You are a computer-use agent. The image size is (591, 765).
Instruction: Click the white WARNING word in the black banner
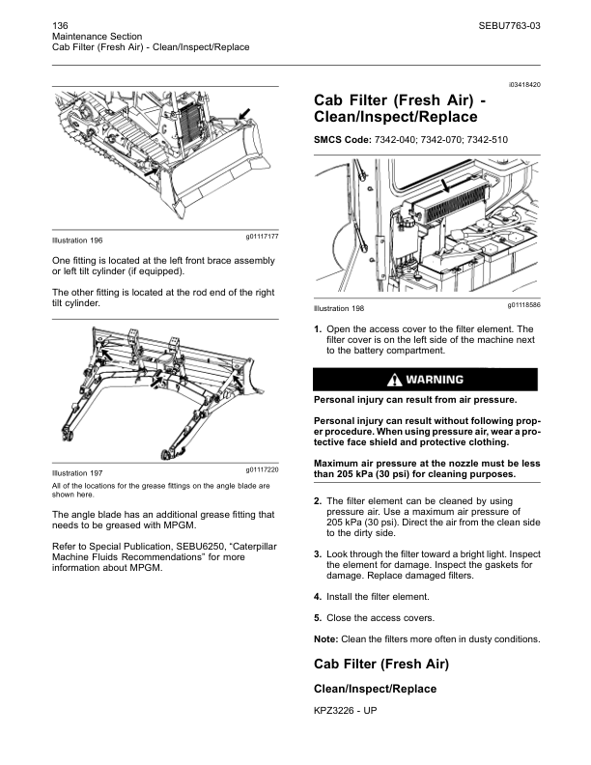(436, 379)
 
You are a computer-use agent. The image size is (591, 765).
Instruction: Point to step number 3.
(318, 554)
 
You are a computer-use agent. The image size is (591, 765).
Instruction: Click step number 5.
(318, 617)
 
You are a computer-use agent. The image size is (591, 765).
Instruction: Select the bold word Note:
(326, 639)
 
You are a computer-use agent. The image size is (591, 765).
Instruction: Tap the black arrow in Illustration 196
(245, 115)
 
